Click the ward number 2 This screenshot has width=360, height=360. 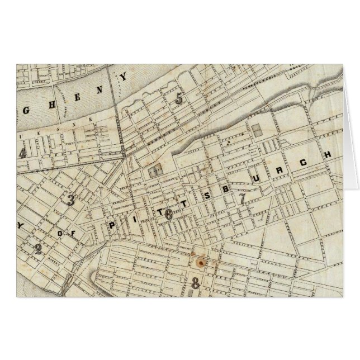(x=38, y=249)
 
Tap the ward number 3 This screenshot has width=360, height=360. (x=71, y=201)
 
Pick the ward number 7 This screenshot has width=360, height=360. (x=242, y=199)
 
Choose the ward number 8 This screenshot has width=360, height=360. (x=195, y=283)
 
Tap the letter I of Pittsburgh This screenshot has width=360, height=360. (x=131, y=220)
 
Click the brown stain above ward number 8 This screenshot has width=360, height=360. (x=200, y=261)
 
